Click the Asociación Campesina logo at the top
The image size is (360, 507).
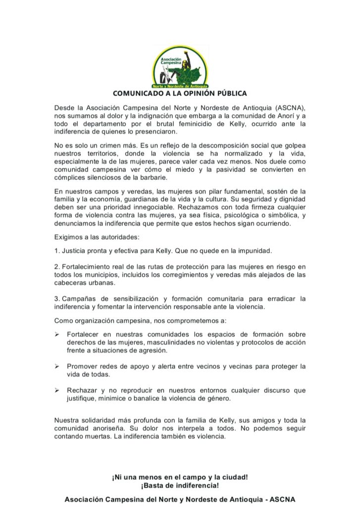[180, 66]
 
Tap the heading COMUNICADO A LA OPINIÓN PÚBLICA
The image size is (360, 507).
[180, 93]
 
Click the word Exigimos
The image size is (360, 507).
[69, 237]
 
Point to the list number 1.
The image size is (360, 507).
[56, 251]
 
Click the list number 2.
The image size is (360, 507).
[56, 267]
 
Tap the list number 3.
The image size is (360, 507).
[56, 299]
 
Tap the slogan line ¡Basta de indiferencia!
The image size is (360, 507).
[180, 485]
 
